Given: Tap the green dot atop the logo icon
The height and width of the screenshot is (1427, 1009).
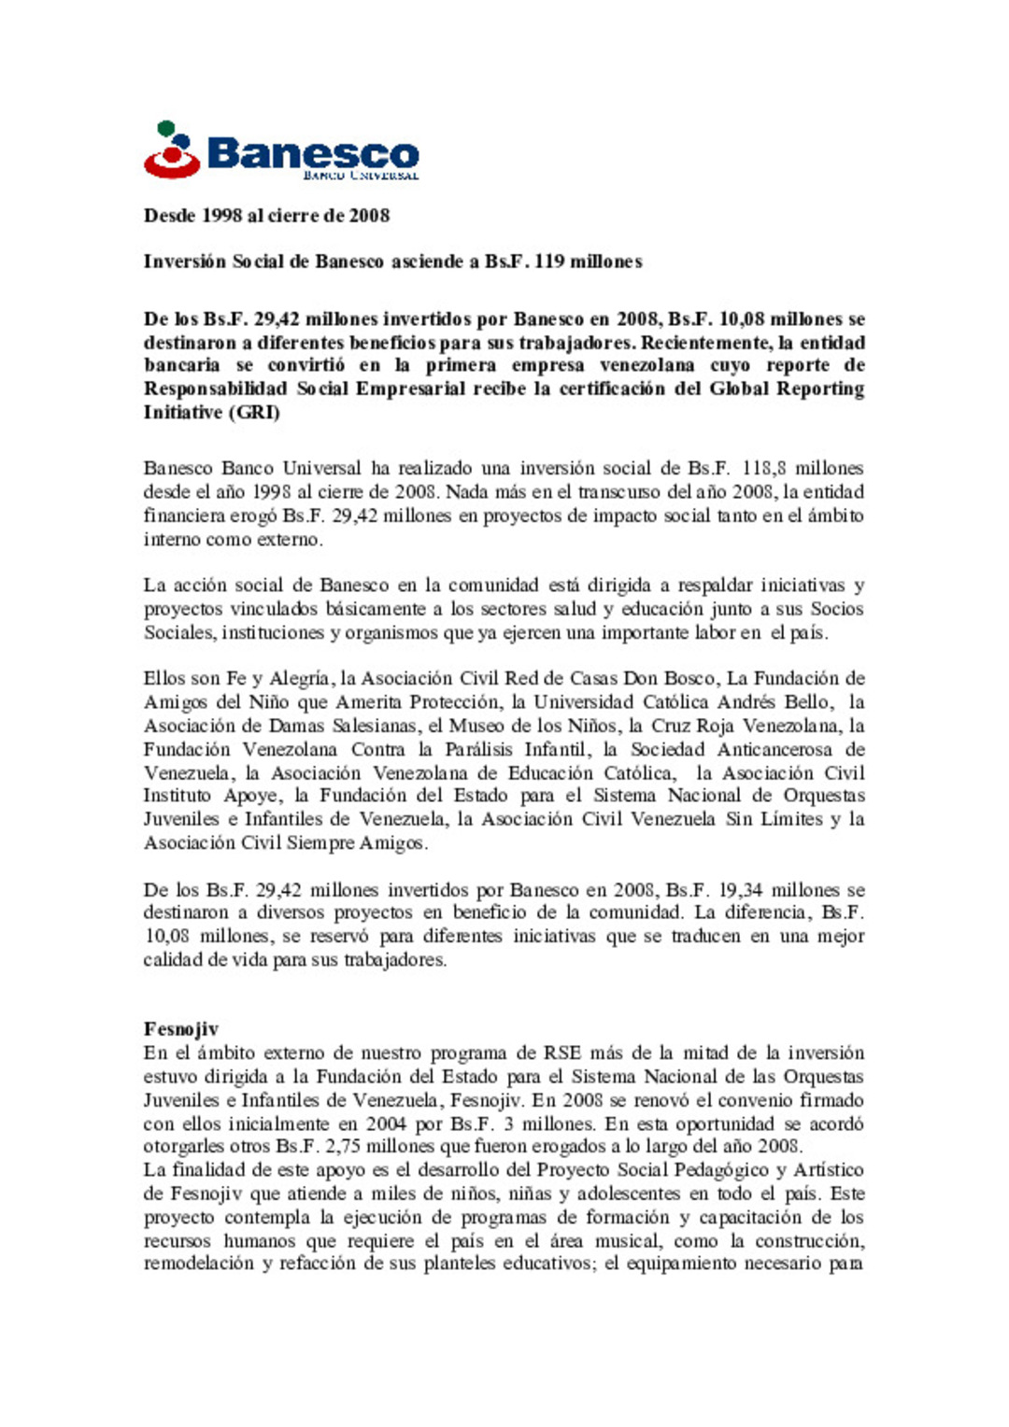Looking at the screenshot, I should pyautogui.click(x=166, y=128).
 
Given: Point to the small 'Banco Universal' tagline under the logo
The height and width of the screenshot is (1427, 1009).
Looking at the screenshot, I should pyautogui.click(x=361, y=175).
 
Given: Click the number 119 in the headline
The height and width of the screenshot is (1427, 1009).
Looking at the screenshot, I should pyautogui.click(x=549, y=261).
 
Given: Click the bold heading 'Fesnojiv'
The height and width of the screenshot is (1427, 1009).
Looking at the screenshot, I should pyautogui.click(x=181, y=1029).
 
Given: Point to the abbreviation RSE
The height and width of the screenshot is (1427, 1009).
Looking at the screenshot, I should pyautogui.click(x=563, y=1053).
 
